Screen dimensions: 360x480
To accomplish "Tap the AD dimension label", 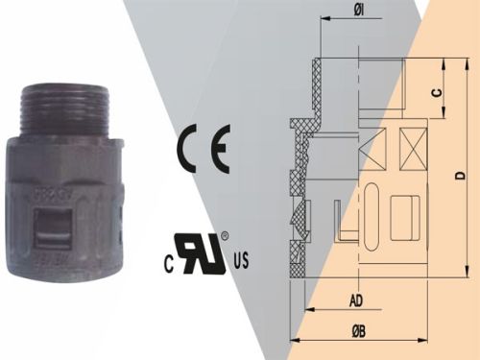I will tap(355, 300).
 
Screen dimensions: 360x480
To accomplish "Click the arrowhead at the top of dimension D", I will tap(448, 62).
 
